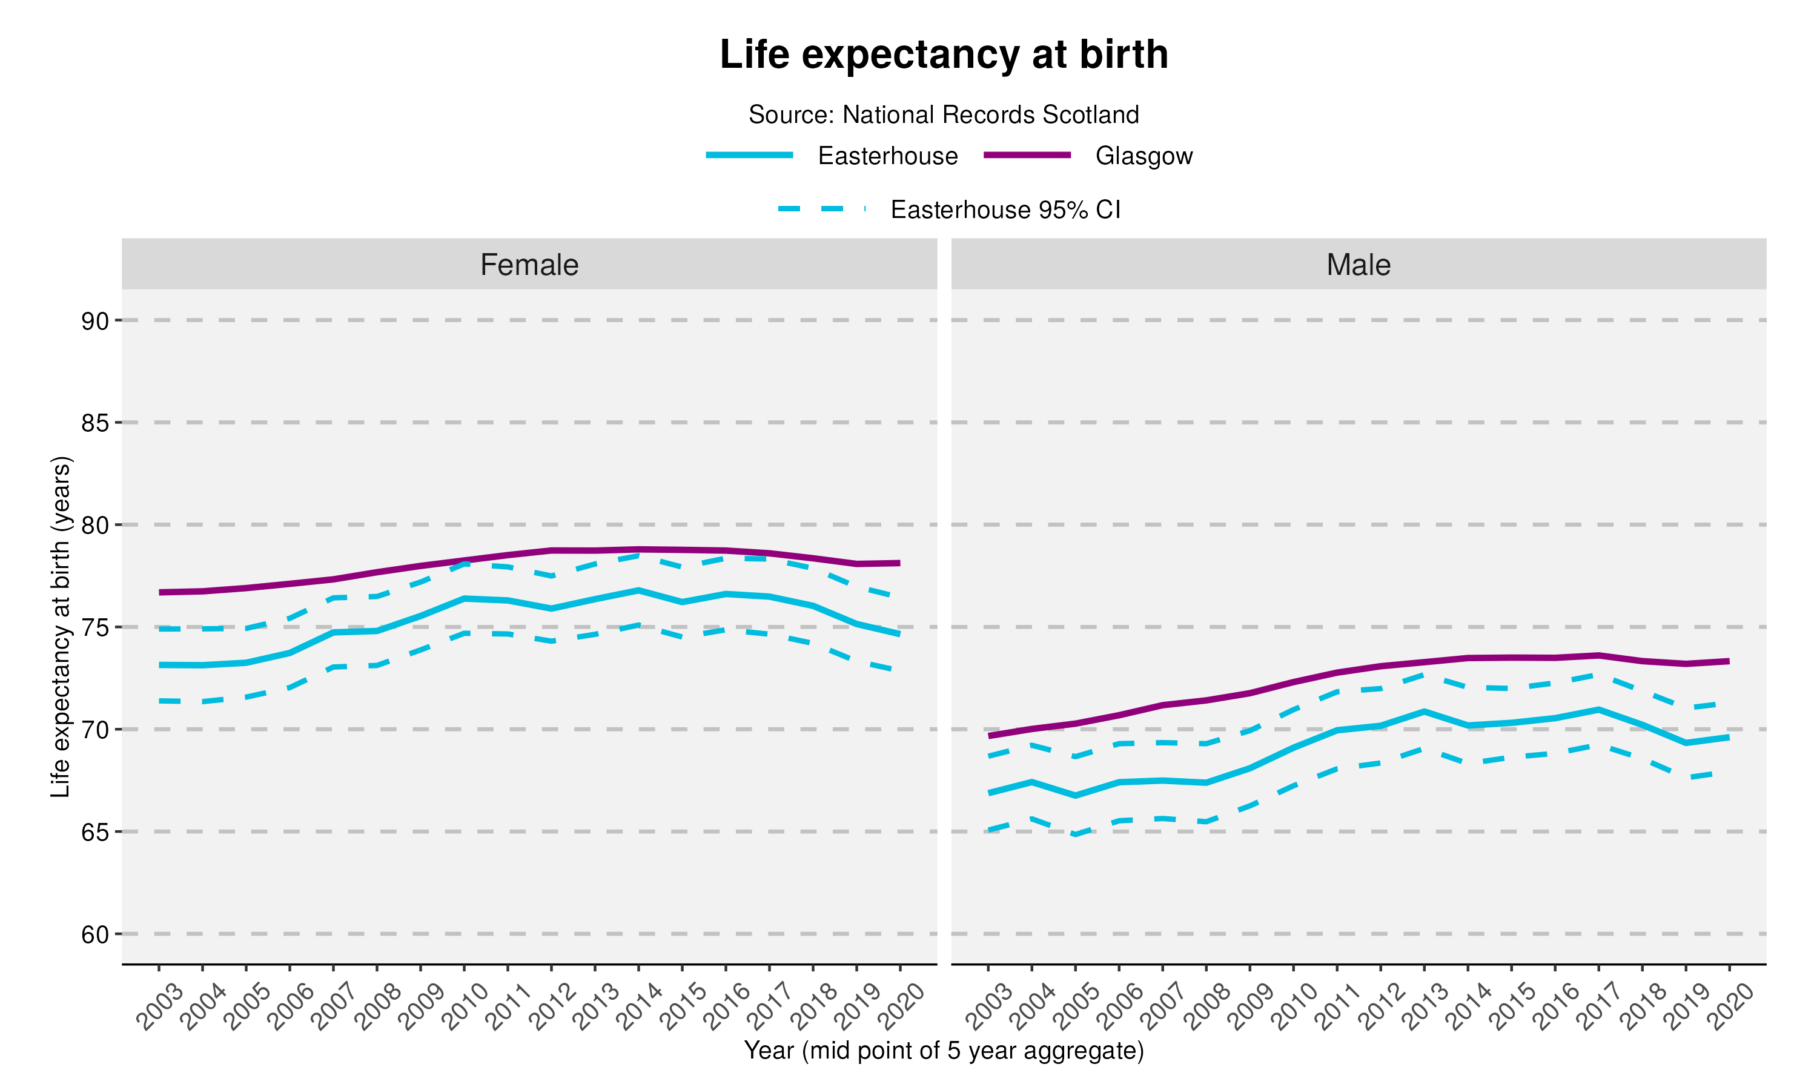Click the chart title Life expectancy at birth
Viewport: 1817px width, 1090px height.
click(944, 55)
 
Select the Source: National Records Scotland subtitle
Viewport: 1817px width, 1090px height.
click(944, 114)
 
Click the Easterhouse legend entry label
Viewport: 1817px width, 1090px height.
click(887, 156)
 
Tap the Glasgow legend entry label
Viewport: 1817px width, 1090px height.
click(1143, 156)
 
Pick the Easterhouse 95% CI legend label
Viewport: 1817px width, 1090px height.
click(1005, 210)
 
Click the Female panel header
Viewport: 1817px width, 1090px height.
click(529, 265)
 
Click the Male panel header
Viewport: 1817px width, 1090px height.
click(1358, 265)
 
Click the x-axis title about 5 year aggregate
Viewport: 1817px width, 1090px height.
click(944, 1051)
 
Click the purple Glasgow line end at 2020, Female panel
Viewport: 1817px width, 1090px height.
click(899, 563)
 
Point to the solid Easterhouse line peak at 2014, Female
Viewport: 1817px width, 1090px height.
click(639, 590)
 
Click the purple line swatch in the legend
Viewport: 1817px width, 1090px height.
click(1027, 155)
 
